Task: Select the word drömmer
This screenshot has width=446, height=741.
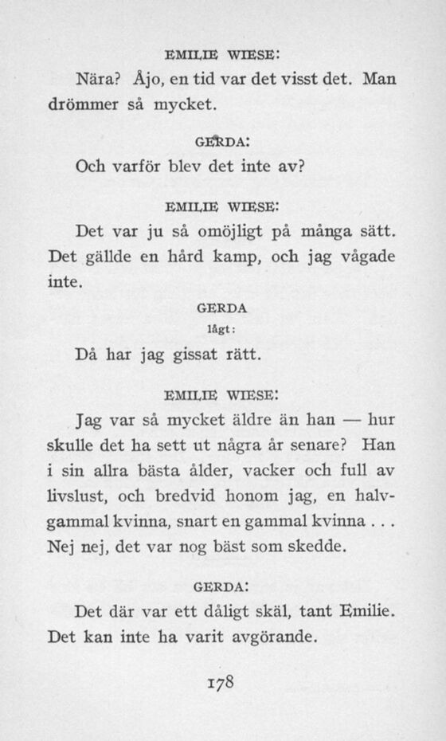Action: pyautogui.click(x=82, y=104)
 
